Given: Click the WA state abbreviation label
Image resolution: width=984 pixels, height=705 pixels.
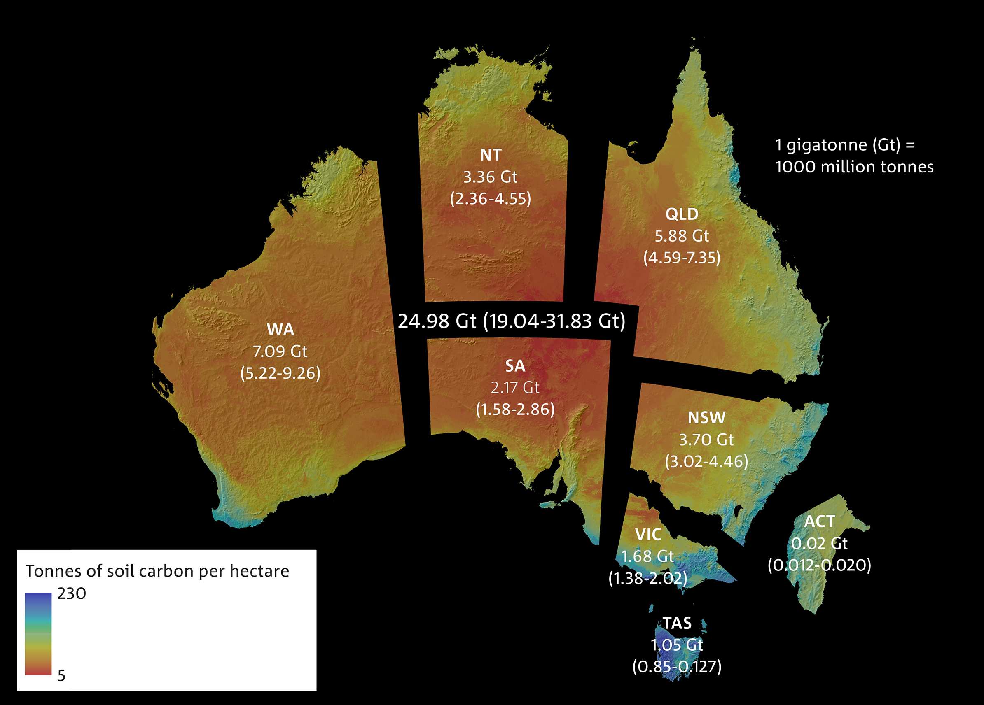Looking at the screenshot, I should pyautogui.click(x=280, y=330).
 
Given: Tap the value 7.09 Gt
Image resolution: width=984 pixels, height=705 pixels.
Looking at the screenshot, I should pyautogui.click(x=280, y=351).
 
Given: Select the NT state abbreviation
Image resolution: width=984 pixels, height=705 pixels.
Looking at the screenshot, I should pyautogui.click(x=491, y=155).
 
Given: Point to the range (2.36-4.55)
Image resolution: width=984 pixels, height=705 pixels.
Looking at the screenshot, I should pyautogui.click(x=491, y=199).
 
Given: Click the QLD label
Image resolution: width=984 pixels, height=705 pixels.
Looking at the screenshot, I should pyautogui.click(x=682, y=214).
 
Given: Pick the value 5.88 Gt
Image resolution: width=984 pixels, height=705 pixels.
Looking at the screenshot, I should pyautogui.click(x=682, y=236).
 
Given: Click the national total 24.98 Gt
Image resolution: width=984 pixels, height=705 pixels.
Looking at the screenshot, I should pyautogui.click(x=437, y=321).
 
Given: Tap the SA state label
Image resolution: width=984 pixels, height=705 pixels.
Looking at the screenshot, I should pyautogui.click(x=515, y=366).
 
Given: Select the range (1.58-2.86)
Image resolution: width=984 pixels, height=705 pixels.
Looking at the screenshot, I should pyautogui.click(x=515, y=410).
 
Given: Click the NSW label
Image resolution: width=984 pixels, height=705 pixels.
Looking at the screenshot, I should pyautogui.click(x=706, y=418).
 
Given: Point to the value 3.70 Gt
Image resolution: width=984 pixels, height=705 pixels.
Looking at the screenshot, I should pyautogui.click(x=706, y=440).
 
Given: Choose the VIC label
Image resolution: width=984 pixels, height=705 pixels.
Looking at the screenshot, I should pyautogui.click(x=648, y=535).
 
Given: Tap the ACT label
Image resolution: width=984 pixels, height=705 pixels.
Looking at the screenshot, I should pyautogui.click(x=819, y=521).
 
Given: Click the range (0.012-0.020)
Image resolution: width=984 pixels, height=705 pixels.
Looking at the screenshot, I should pyautogui.click(x=819, y=565).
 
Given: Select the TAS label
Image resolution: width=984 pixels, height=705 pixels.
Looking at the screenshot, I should pyautogui.click(x=677, y=623).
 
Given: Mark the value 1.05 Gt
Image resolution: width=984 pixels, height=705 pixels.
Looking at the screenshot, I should pyautogui.click(x=677, y=645).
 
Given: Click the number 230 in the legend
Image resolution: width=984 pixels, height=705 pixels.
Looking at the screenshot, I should pyautogui.click(x=72, y=593).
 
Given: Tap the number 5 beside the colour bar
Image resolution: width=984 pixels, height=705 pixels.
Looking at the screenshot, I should pyautogui.click(x=62, y=675).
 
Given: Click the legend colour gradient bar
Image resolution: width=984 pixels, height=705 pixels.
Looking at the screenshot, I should pyautogui.click(x=38, y=633).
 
